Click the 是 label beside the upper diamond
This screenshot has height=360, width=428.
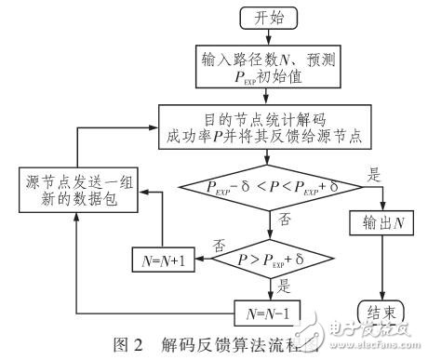(x=351, y=173)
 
